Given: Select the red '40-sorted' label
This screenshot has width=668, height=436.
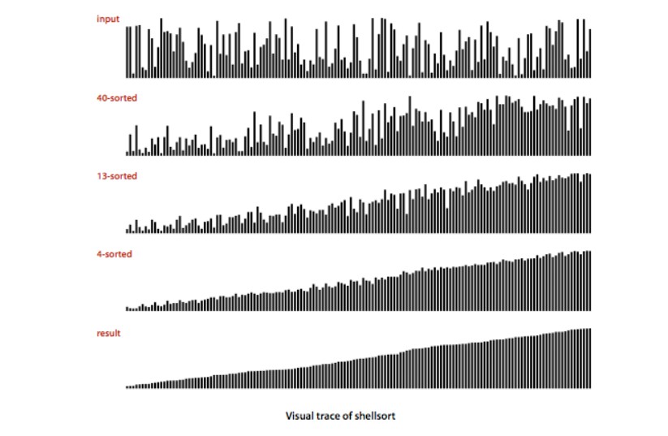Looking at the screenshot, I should pos(116,98).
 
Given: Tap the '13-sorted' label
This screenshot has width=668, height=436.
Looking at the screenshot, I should pos(116,176).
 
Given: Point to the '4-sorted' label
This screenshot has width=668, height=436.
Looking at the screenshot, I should pos(114,254).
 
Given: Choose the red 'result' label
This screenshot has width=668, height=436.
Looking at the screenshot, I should pos(109,333).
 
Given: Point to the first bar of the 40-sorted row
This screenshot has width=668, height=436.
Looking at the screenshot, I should pos(127,153).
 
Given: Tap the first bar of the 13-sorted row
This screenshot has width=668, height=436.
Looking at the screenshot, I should pos(127,231).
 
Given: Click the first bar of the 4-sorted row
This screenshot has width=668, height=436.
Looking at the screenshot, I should pos(127,309).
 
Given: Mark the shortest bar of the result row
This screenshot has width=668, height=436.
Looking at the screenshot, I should pos(127,387).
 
